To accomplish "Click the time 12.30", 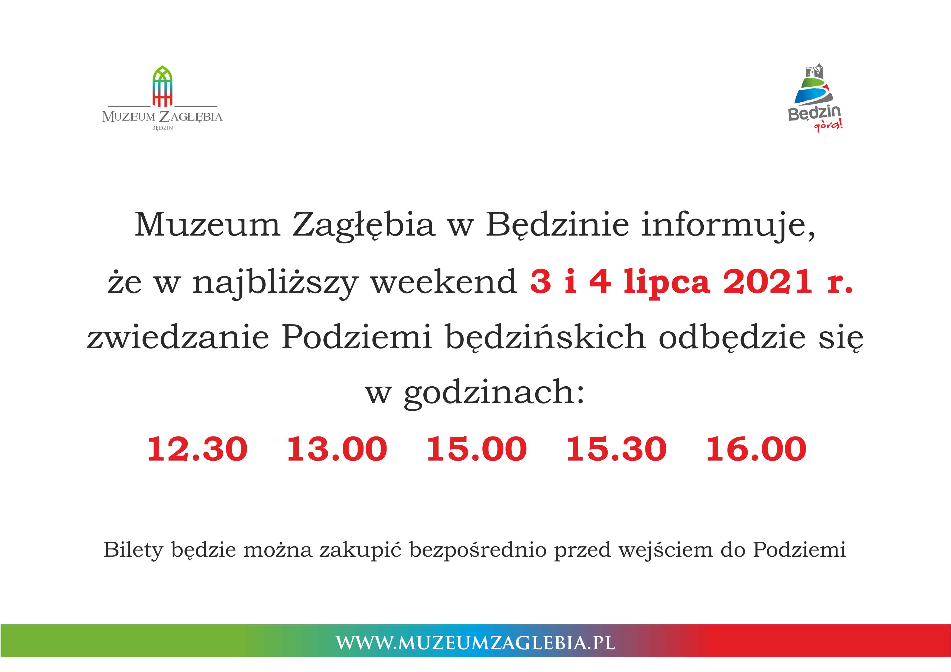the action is pos(197,449).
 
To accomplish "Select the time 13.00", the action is pos(337,449).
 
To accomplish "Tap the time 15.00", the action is pos(477,449).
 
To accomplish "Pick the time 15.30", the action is pos(616,449).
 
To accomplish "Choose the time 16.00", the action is pos(756,449).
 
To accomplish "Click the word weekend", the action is pos(444,281).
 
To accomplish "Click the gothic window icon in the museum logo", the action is pos(162,86).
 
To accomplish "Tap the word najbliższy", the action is pos(275,283).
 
